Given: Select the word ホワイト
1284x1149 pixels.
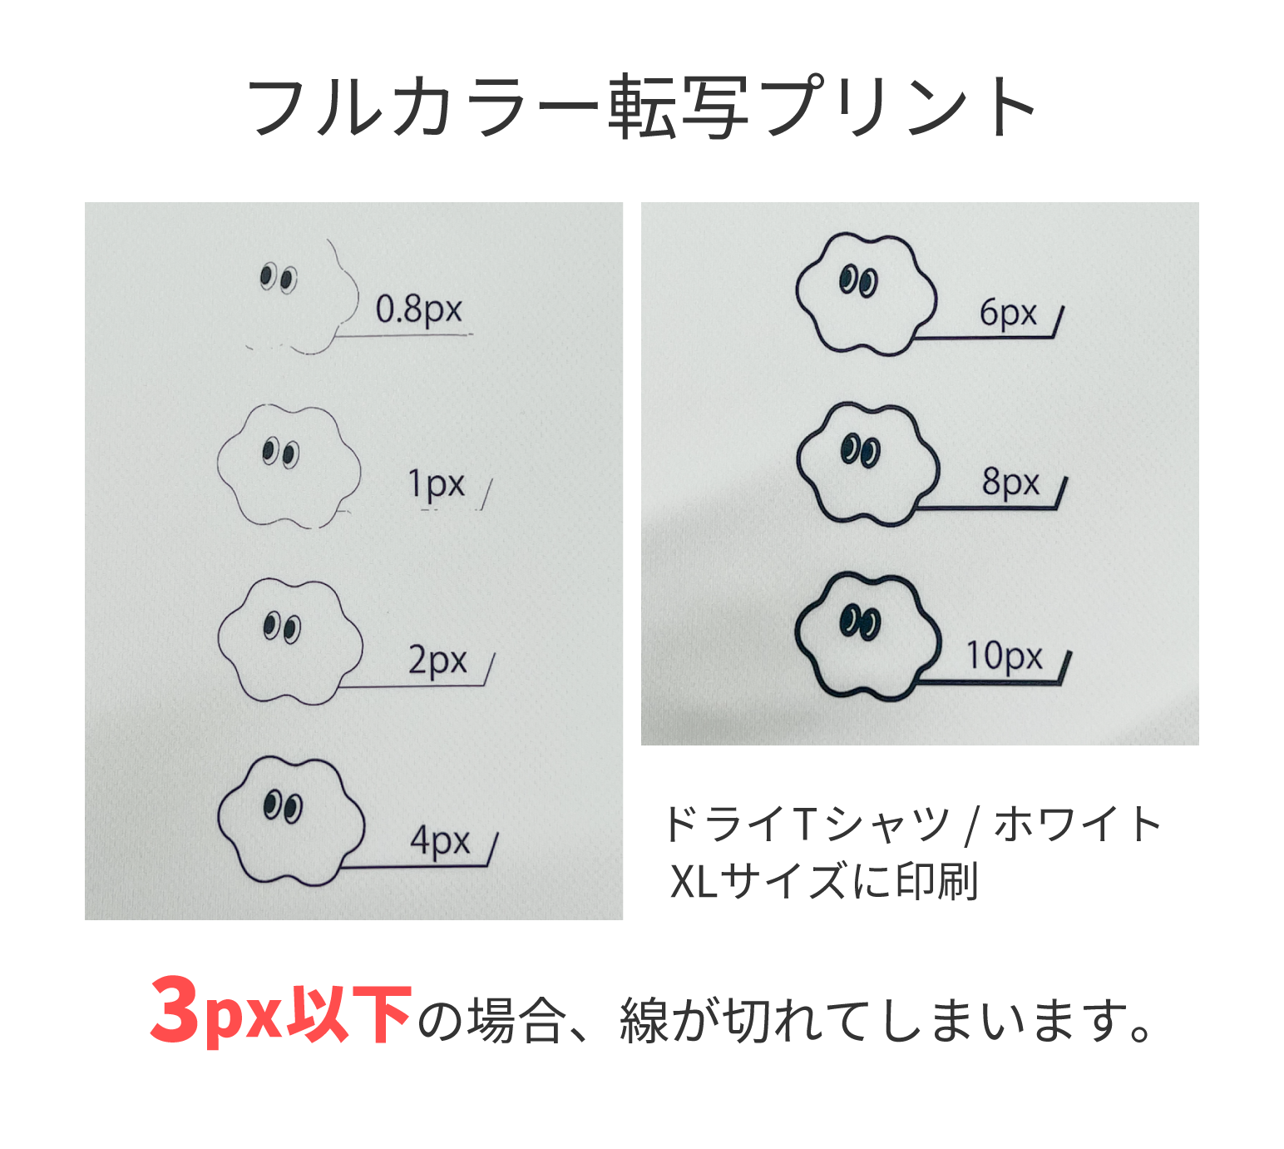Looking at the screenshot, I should (1078, 825).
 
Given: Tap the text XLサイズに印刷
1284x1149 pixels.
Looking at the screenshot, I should (823, 881).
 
